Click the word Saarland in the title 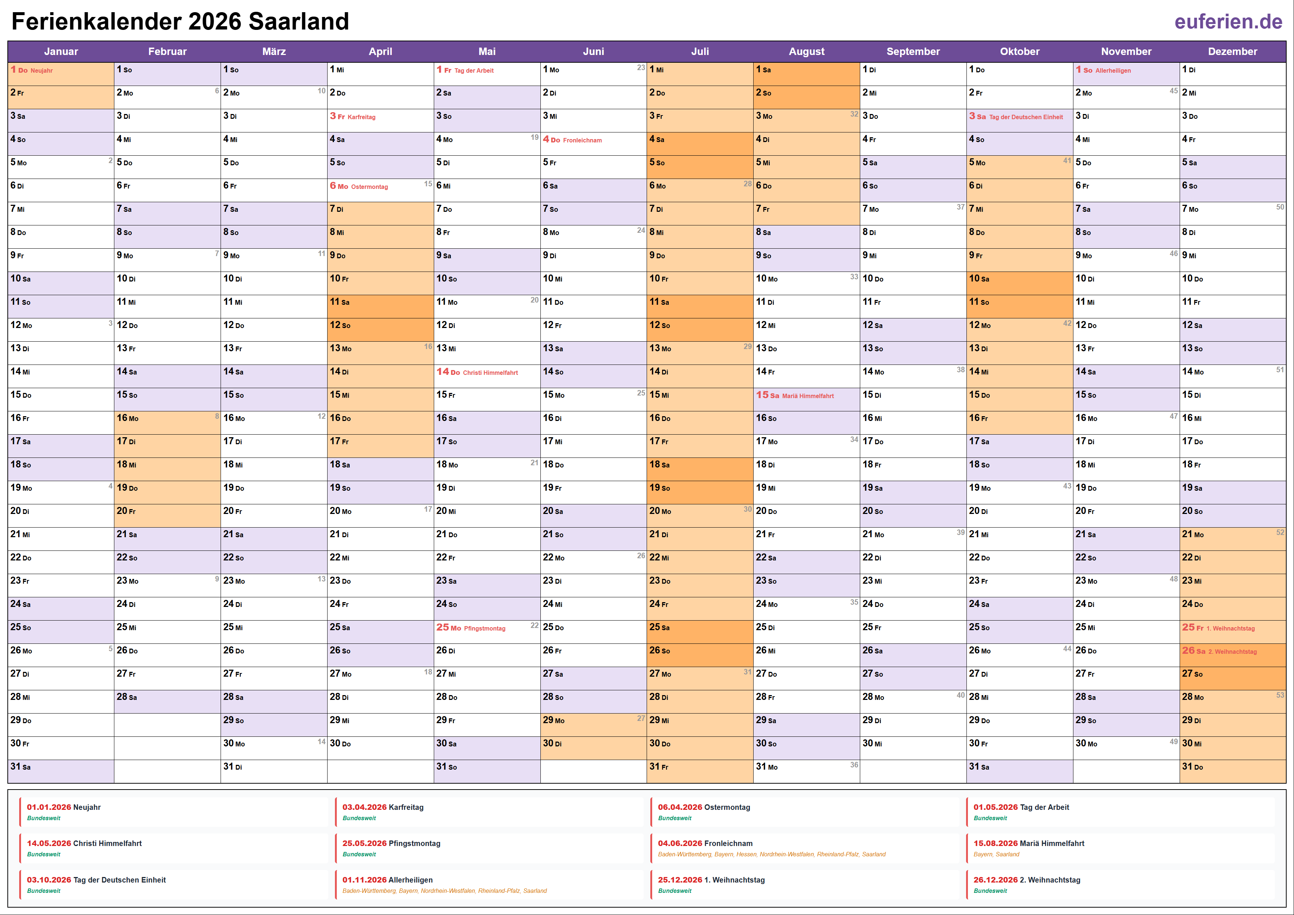coord(299,21)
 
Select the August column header coord(806,51)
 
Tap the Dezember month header coord(1232,51)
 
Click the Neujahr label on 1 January coord(42,70)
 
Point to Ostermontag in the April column coord(369,187)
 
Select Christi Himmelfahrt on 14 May coord(490,373)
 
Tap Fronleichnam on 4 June coord(582,140)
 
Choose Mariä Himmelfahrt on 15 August coord(807,396)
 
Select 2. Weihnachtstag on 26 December coord(1232,651)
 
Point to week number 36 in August coord(854,764)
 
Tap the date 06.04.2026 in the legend coord(680,807)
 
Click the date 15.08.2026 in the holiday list coord(995,843)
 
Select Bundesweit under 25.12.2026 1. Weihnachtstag coord(675,891)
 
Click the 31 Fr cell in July coord(699,767)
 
